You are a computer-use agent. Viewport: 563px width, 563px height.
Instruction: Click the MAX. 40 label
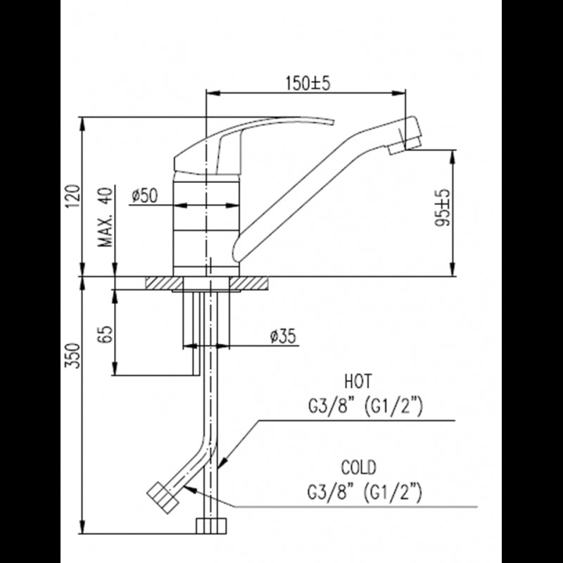tap(107, 219)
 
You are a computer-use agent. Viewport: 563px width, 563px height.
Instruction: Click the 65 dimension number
tap(107, 334)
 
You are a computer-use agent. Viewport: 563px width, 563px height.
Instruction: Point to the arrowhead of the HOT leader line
tap(220, 465)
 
